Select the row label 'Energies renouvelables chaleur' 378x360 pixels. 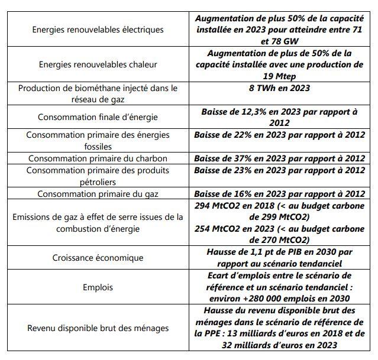click(98, 64)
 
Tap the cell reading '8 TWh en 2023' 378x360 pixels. click(279, 88)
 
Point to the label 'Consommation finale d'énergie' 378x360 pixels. click(98, 117)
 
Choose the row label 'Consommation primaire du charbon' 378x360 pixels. click(98, 158)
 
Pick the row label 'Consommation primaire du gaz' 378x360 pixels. click(98, 193)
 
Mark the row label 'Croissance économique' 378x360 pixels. click(98, 258)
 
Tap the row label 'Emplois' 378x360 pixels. click(98, 287)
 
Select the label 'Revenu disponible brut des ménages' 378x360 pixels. click(98, 328)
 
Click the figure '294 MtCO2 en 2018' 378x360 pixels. click(237, 205)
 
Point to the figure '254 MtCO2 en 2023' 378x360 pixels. click(237, 229)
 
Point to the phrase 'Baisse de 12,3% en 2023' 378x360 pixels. click(251, 111)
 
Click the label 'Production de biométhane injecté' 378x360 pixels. click(98, 88)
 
